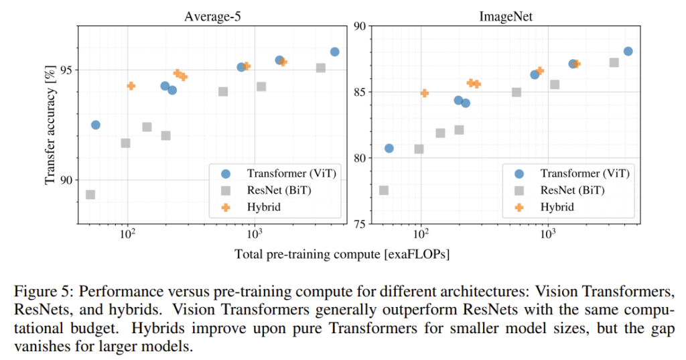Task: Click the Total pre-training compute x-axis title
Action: click(342, 254)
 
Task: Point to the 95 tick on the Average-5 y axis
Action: click(65, 70)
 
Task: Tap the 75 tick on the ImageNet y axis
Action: click(360, 224)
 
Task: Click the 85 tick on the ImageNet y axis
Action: click(360, 92)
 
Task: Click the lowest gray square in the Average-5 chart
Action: click(90, 194)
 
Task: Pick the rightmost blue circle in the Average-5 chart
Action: click(334, 52)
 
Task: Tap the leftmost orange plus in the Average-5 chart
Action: click(131, 86)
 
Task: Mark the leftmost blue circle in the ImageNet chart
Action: click(389, 148)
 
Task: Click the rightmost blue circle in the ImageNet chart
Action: click(628, 51)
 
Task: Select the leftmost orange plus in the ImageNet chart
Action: click(425, 93)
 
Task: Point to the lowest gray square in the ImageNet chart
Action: click(384, 190)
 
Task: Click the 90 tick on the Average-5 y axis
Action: click(65, 180)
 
